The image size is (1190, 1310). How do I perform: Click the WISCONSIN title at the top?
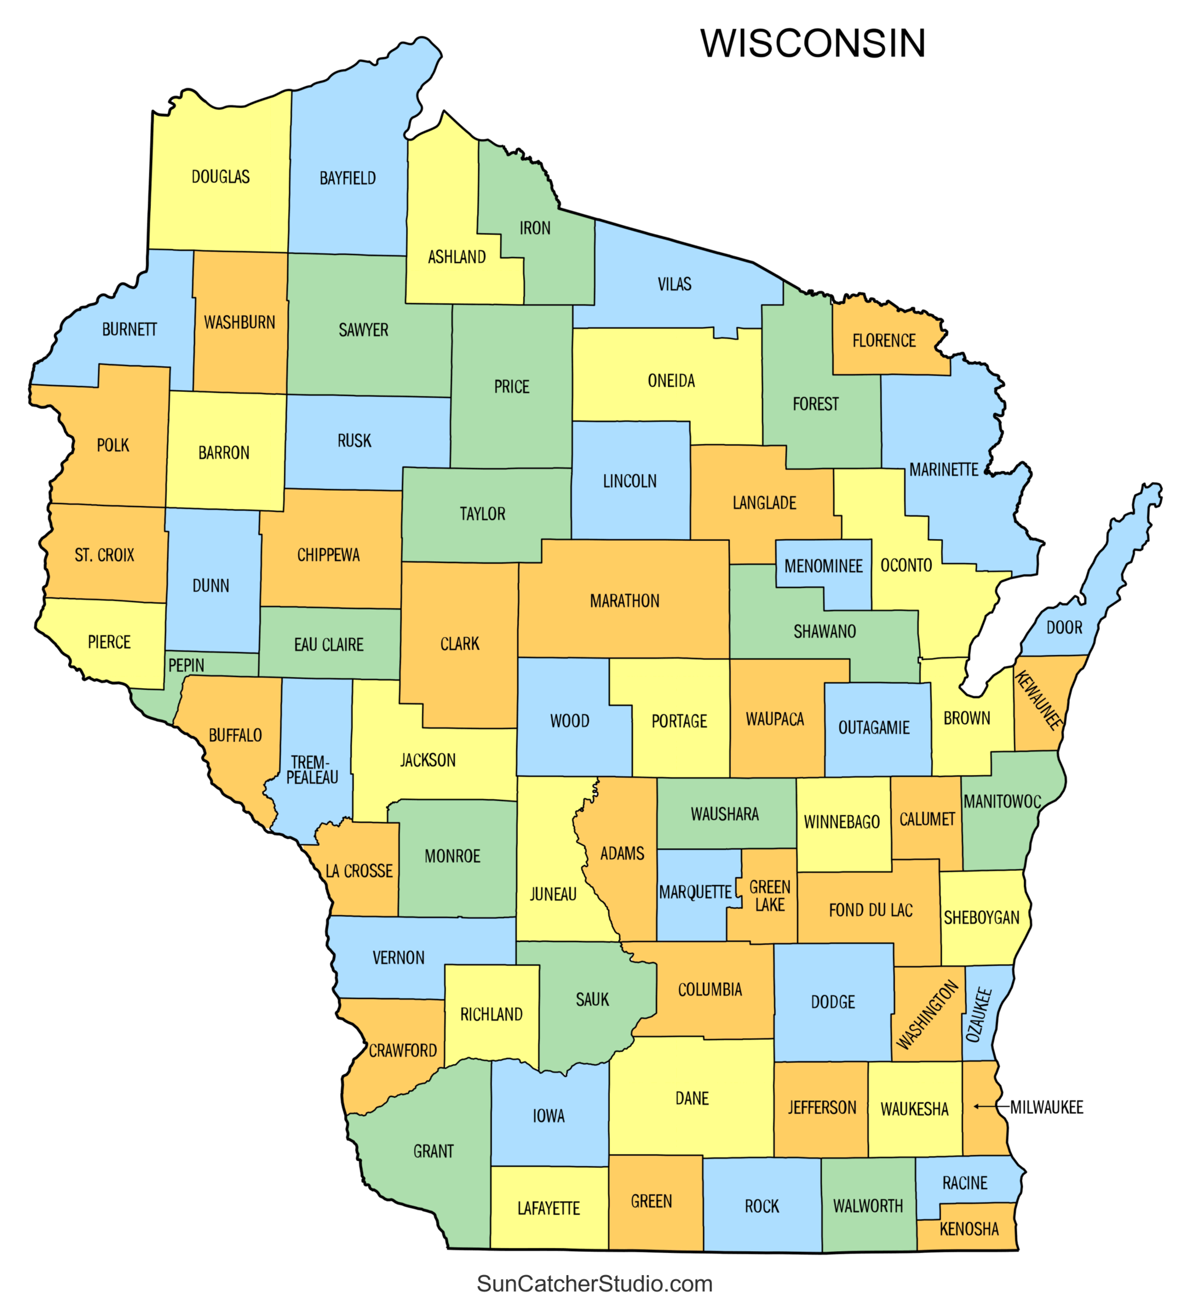click(813, 44)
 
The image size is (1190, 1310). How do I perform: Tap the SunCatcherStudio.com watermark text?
click(595, 1283)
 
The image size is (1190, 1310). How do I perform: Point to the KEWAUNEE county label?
click(1039, 700)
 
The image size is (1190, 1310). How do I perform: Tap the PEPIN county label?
click(186, 665)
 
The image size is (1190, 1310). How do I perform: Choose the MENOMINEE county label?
click(824, 566)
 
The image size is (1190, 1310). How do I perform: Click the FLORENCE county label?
click(884, 341)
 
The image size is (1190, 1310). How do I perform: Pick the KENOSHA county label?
click(969, 1228)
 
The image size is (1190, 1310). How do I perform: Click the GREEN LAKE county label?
click(770, 895)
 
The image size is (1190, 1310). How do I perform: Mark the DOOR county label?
click(1065, 628)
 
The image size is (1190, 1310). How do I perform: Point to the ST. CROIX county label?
click(104, 555)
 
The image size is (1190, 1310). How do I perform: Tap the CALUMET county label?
click(927, 819)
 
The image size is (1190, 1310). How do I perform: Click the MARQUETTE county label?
click(695, 892)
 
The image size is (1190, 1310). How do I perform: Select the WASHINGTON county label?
click(927, 1014)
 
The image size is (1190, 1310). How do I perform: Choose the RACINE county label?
click(965, 1182)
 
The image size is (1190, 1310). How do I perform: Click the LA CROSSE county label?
click(359, 871)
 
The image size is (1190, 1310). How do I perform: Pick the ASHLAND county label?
click(457, 257)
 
